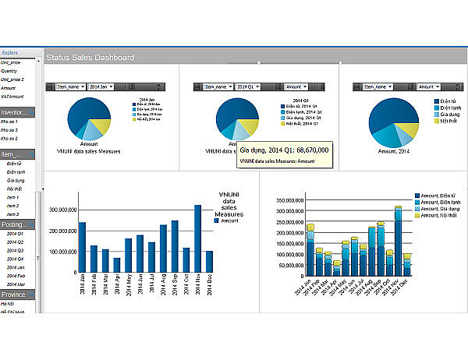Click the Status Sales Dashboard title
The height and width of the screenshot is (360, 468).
coord(90,58)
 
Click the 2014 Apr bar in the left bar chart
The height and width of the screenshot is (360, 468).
coord(116,265)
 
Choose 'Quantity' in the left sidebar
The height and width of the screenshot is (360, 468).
coord(9,70)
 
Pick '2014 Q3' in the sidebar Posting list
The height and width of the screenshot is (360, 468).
coord(15,249)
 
